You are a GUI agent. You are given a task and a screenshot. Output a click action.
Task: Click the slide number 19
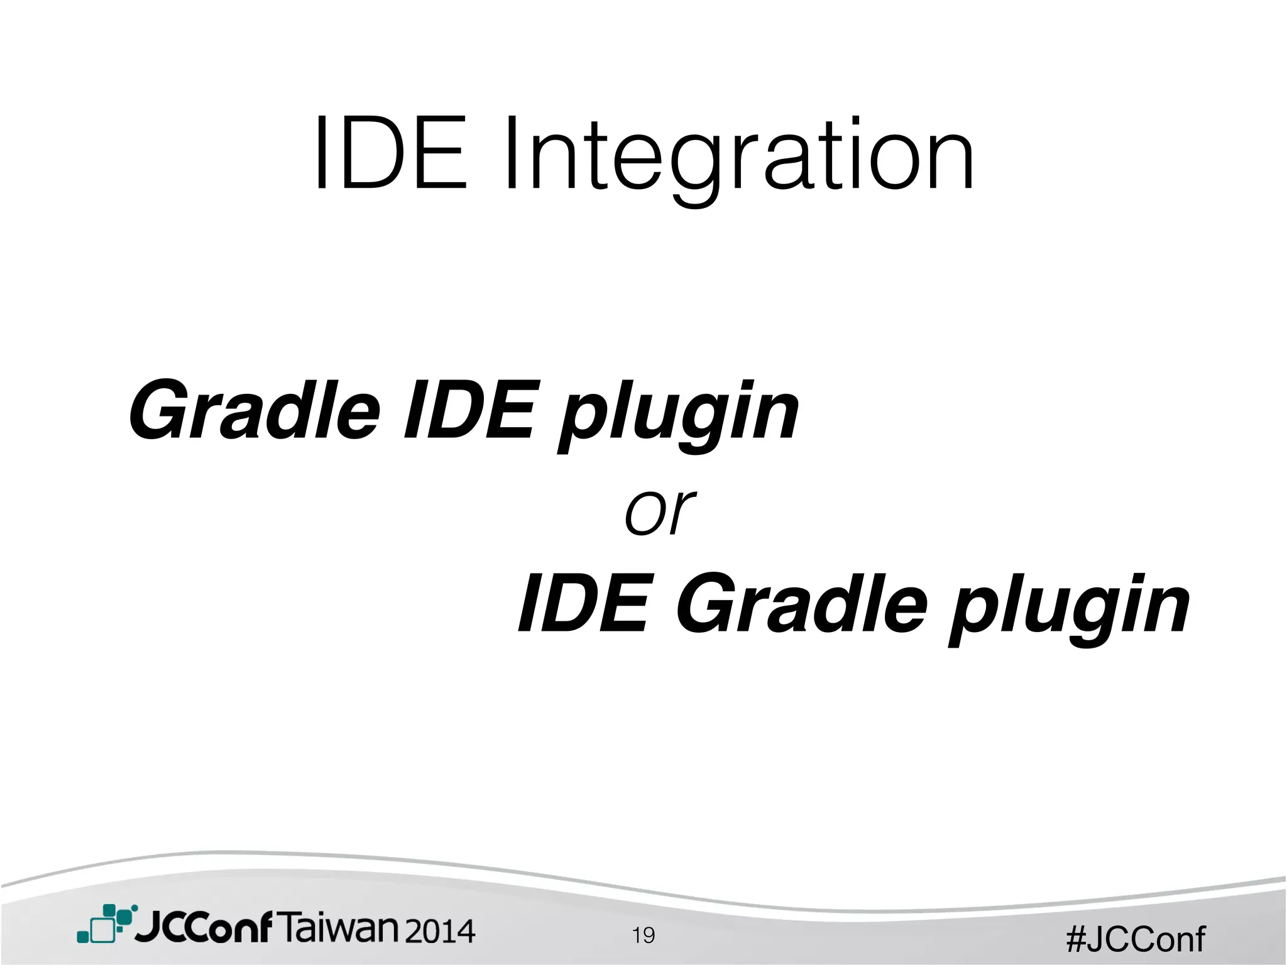tap(643, 935)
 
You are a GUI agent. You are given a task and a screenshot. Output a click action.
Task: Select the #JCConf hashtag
tap(1136, 939)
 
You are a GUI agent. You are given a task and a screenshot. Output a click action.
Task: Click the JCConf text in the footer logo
tap(204, 927)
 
